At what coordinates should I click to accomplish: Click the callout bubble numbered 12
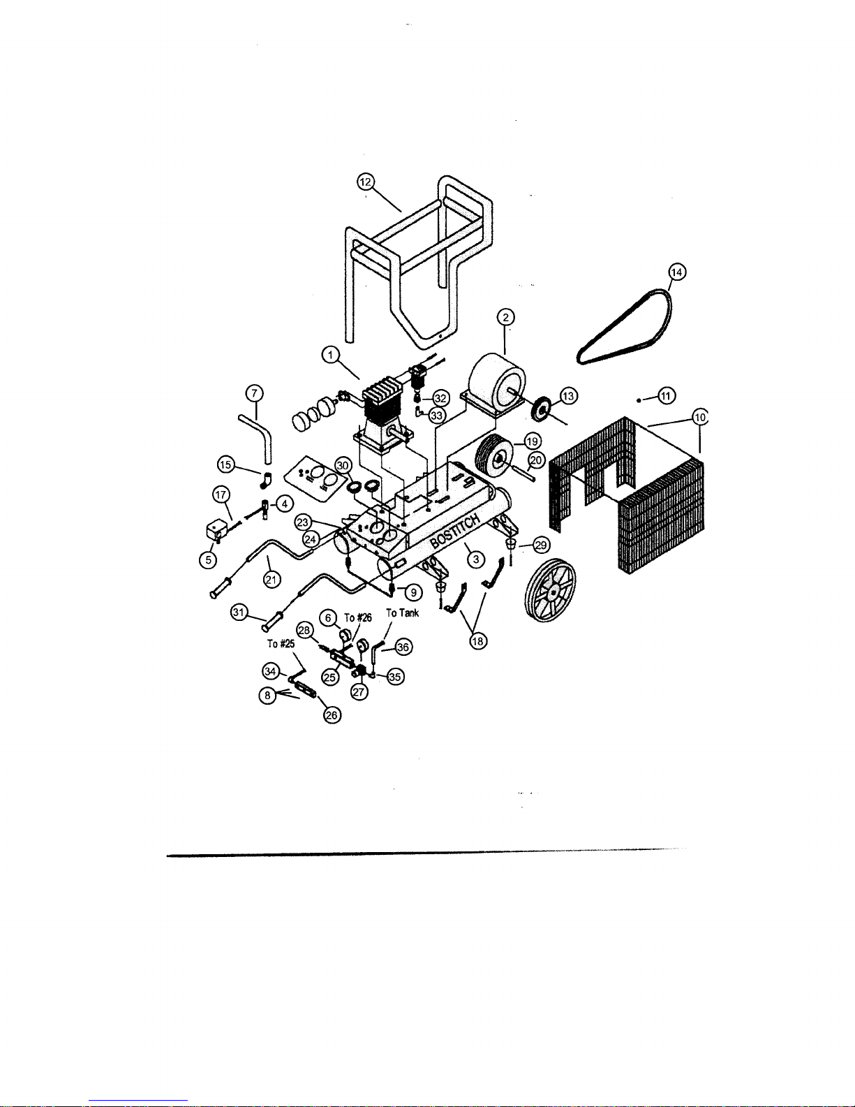click(365, 182)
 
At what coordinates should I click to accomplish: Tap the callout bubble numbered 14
click(676, 272)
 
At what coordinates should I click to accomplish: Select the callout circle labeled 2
click(505, 318)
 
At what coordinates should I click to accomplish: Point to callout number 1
click(330, 356)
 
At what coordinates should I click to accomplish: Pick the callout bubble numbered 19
click(533, 441)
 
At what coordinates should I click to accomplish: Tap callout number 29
click(541, 545)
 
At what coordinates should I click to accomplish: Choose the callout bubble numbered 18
click(478, 643)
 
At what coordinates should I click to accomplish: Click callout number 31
click(240, 612)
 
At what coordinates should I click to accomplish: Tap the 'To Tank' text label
click(403, 613)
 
